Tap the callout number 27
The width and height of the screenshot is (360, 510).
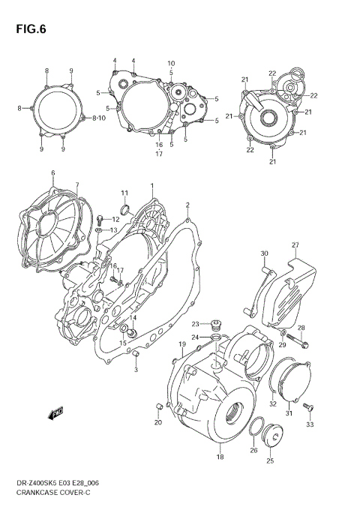pyautogui.click(x=295, y=245)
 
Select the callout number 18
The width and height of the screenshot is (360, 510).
pyautogui.click(x=219, y=457)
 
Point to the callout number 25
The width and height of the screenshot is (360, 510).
pyautogui.click(x=271, y=463)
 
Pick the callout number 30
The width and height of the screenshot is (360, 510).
pyautogui.click(x=263, y=255)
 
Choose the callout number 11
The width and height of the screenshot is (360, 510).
pyautogui.click(x=124, y=193)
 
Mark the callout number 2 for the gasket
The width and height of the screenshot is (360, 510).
pyautogui.click(x=187, y=204)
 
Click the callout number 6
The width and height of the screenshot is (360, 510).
pyautogui.click(x=52, y=174)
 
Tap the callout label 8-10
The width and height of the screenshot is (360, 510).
pyautogui.click(x=98, y=118)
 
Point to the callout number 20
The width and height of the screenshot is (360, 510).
pyautogui.click(x=157, y=424)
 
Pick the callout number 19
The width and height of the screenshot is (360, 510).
pyautogui.click(x=181, y=343)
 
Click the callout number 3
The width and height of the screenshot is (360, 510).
pyautogui.click(x=136, y=370)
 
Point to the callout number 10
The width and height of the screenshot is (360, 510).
pyautogui.click(x=171, y=63)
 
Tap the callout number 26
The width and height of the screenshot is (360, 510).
pyautogui.click(x=253, y=450)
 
